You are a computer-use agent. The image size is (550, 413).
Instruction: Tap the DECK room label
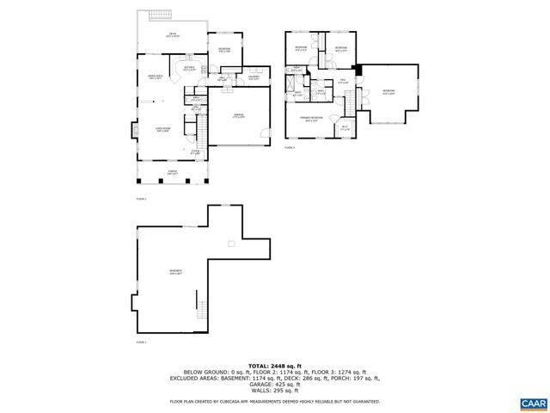[173, 35]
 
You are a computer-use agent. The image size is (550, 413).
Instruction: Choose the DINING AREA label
[157, 77]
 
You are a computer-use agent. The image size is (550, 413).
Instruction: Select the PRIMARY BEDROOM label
[310, 118]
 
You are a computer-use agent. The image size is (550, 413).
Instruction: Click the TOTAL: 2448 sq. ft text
[274, 366]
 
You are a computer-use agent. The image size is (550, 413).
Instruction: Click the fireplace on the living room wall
[133, 131]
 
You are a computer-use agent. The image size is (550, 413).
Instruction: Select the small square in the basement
[230, 244]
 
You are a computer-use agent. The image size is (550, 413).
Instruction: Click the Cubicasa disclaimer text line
[274, 401]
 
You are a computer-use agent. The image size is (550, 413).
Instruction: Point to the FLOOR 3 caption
[289, 148]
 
